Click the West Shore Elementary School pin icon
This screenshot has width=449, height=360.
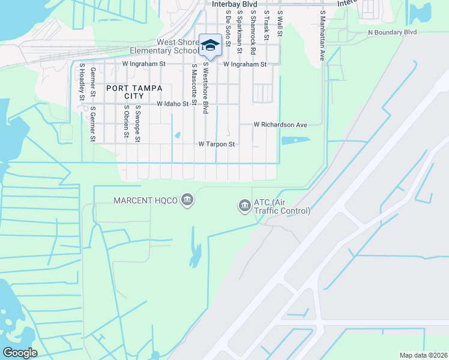pyautogui.click(x=210, y=45)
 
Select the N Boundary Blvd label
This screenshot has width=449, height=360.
pyautogui.click(x=392, y=32)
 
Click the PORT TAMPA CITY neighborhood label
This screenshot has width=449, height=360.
pyautogui.click(x=134, y=92)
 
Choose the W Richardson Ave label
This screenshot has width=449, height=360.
pyautogui.click(x=280, y=125)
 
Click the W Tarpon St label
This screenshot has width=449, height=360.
pyautogui.click(x=216, y=144)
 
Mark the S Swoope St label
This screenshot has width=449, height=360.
pyautogui.click(x=137, y=123)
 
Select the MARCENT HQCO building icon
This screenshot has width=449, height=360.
pyautogui.click(x=187, y=200)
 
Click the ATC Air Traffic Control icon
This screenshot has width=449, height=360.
pyautogui.click(x=244, y=206)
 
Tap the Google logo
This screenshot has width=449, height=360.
pyautogui.click(x=20, y=353)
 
